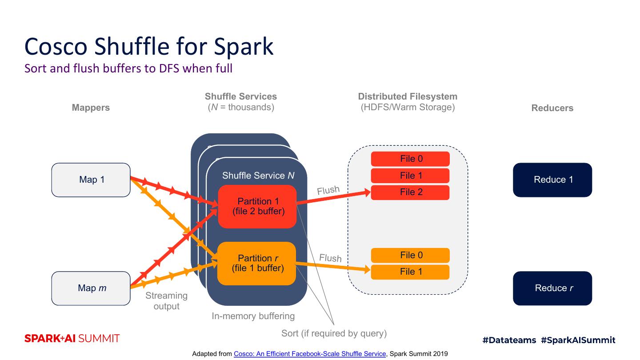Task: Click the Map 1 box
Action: click(91, 180)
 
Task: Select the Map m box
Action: click(91, 288)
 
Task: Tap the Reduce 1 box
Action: click(552, 180)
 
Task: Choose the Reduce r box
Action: click(552, 288)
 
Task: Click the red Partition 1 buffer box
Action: click(257, 207)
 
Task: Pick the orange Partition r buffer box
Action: click(257, 264)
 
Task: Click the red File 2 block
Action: click(410, 192)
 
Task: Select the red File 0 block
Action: click(410, 159)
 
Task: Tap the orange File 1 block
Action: click(410, 272)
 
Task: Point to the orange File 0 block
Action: click(410, 256)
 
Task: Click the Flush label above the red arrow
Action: click(328, 191)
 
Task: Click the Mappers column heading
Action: click(91, 108)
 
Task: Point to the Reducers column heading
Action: click(552, 108)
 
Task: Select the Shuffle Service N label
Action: click(258, 176)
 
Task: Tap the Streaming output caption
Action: click(166, 301)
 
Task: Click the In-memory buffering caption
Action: click(253, 316)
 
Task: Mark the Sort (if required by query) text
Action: click(334, 333)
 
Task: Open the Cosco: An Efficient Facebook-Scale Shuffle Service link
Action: click(310, 354)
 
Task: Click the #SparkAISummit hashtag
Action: click(578, 340)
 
